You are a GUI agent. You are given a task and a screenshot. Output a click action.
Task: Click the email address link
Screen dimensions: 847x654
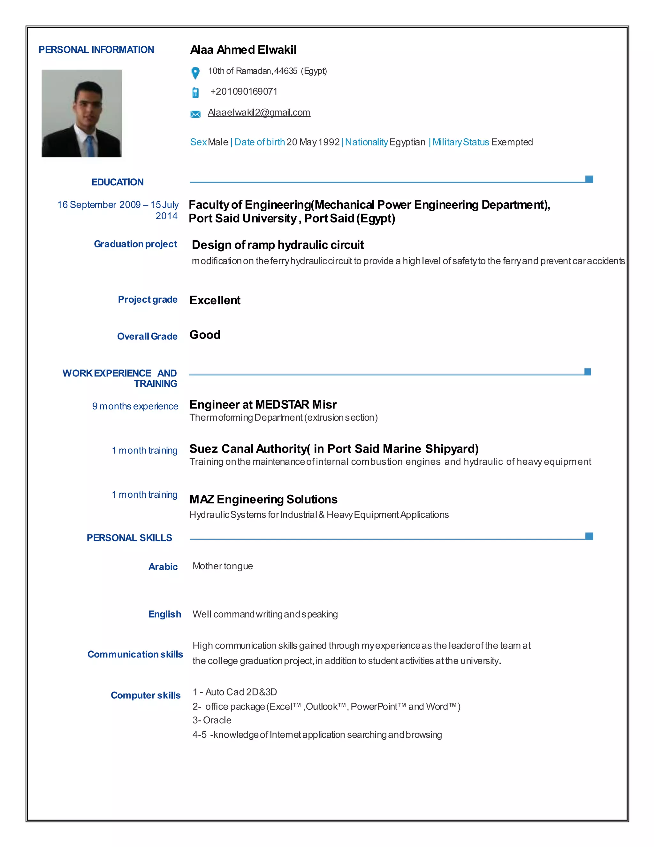click(259, 113)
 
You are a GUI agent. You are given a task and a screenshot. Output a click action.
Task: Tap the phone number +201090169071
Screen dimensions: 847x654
click(244, 91)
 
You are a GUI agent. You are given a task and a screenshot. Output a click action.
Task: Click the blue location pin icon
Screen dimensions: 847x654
click(195, 73)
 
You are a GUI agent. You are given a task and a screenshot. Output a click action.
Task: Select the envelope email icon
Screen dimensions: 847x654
click(195, 114)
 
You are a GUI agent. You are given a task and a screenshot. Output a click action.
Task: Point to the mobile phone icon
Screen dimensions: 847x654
click(195, 93)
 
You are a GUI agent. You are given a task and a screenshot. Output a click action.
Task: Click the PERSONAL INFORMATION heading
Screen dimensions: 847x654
click(96, 50)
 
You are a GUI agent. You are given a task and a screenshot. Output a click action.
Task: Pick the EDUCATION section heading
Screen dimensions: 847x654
click(118, 182)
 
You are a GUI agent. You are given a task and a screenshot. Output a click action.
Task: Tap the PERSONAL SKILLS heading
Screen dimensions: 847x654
click(129, 538)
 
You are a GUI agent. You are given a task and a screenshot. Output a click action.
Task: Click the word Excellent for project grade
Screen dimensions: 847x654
click(215, 300)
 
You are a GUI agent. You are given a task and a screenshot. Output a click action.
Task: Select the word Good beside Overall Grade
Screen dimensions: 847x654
click(205, 335)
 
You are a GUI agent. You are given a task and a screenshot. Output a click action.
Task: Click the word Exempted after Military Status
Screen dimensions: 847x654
click(512, 142)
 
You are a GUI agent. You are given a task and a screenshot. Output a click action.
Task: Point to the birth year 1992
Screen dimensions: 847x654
click(329, 142)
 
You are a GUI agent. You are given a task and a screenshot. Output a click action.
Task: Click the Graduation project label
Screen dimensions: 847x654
click(135, 244)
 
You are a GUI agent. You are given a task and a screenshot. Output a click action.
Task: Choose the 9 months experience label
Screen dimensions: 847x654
click(135, 407)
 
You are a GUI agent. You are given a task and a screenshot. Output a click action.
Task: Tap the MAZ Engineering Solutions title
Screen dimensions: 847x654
click(263, 500)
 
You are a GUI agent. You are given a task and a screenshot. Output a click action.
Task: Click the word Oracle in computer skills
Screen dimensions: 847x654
click(217, 720)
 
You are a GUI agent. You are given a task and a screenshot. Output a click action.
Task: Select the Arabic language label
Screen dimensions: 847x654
click(163, 567)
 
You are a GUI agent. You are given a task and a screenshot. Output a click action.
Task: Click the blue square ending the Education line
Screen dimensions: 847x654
click(589, 179)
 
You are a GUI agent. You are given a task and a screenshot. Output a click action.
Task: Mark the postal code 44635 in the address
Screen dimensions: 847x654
click(285, 71)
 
